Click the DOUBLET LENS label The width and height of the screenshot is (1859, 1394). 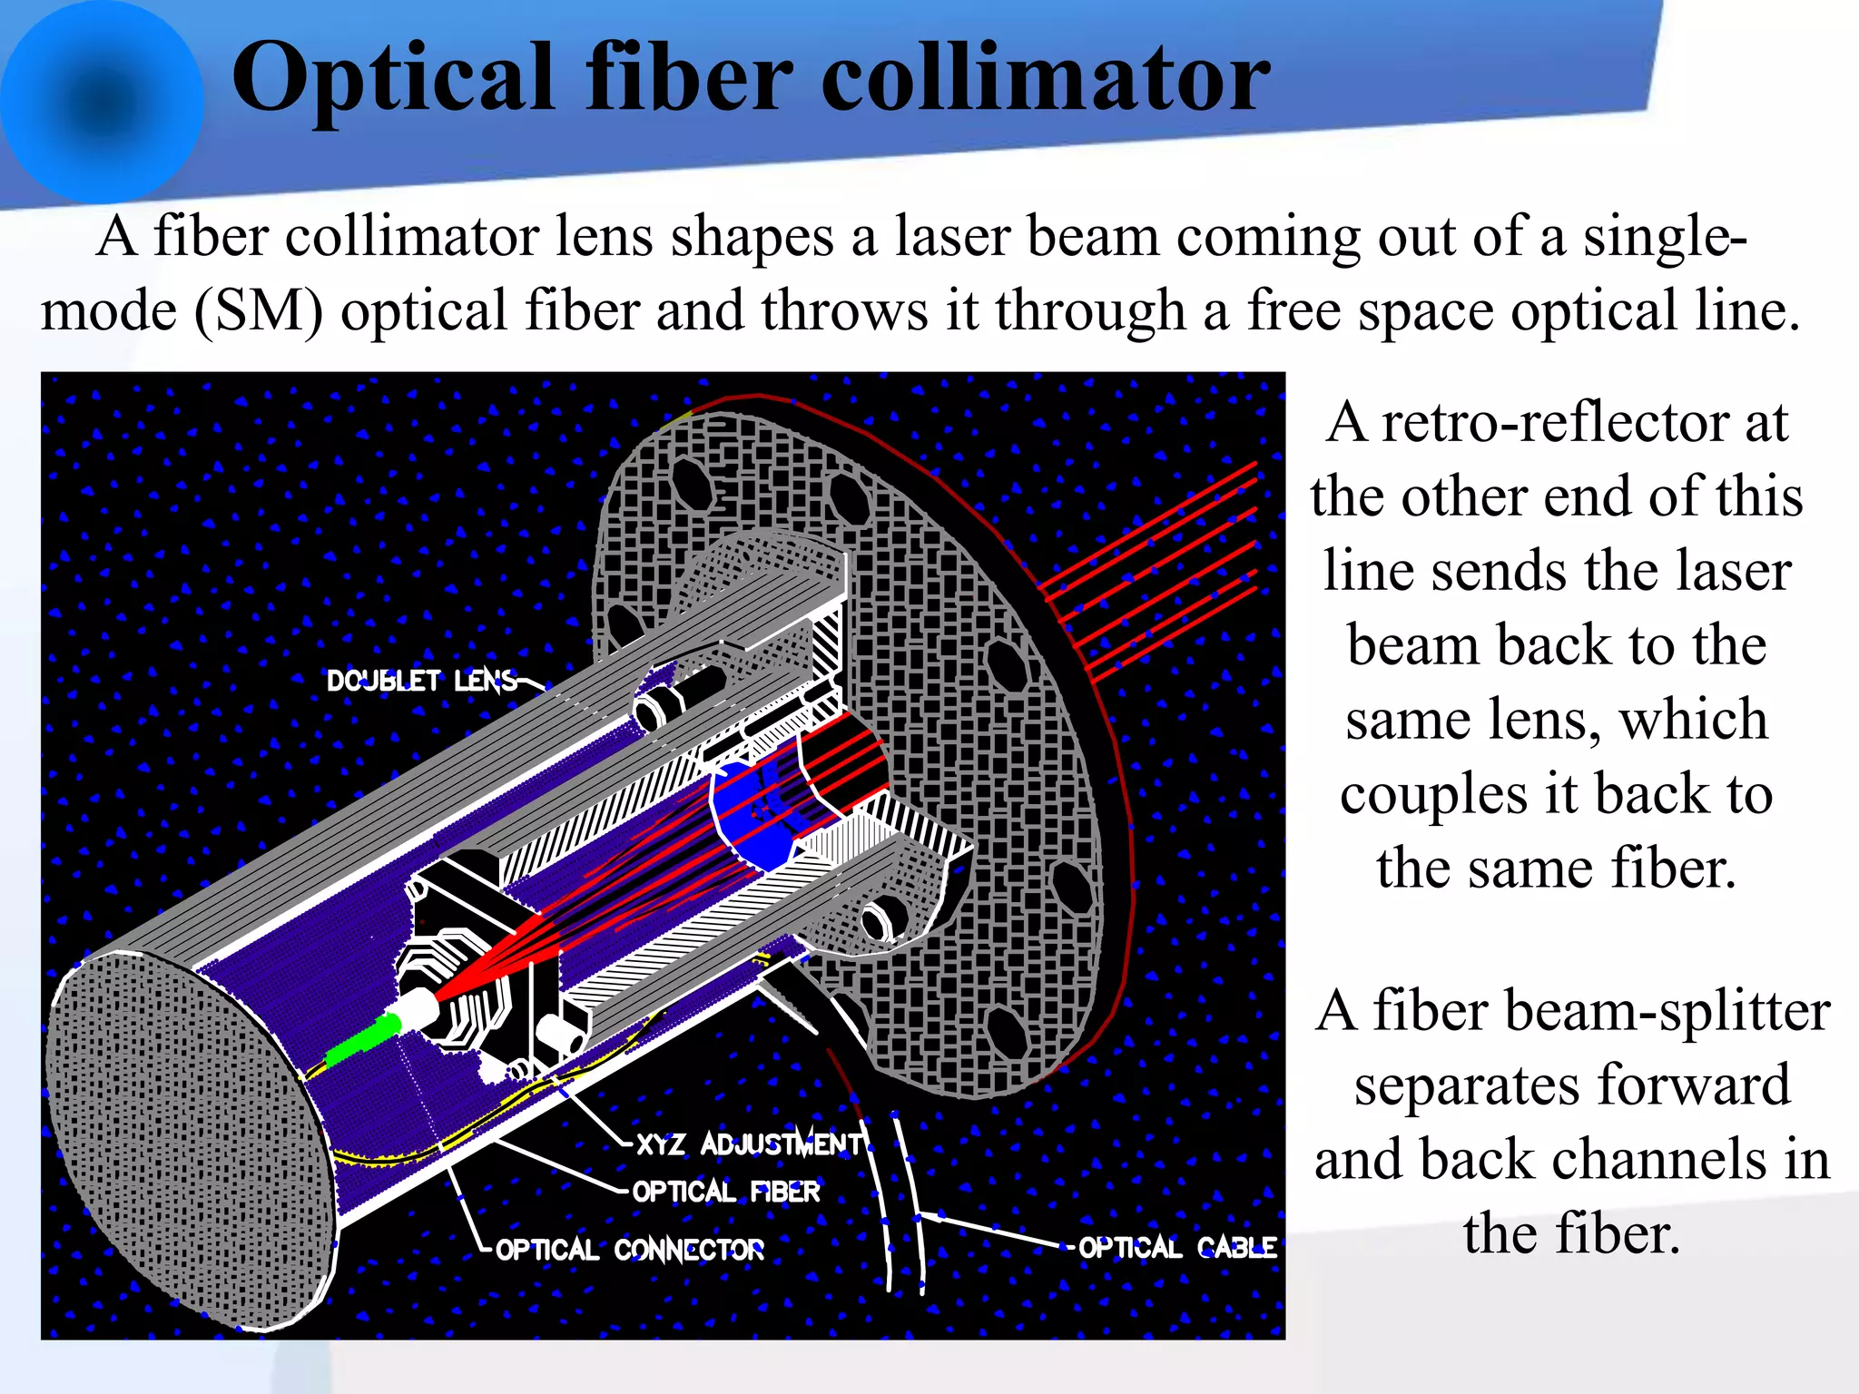421,681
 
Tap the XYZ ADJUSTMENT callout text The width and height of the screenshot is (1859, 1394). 750,1144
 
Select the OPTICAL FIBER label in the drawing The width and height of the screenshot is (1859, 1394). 726,1192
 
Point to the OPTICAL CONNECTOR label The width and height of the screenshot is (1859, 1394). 630,1250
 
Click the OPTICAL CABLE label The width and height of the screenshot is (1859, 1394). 1177,1248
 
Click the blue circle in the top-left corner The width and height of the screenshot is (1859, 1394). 102,102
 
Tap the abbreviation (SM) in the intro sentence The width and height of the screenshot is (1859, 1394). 259,311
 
